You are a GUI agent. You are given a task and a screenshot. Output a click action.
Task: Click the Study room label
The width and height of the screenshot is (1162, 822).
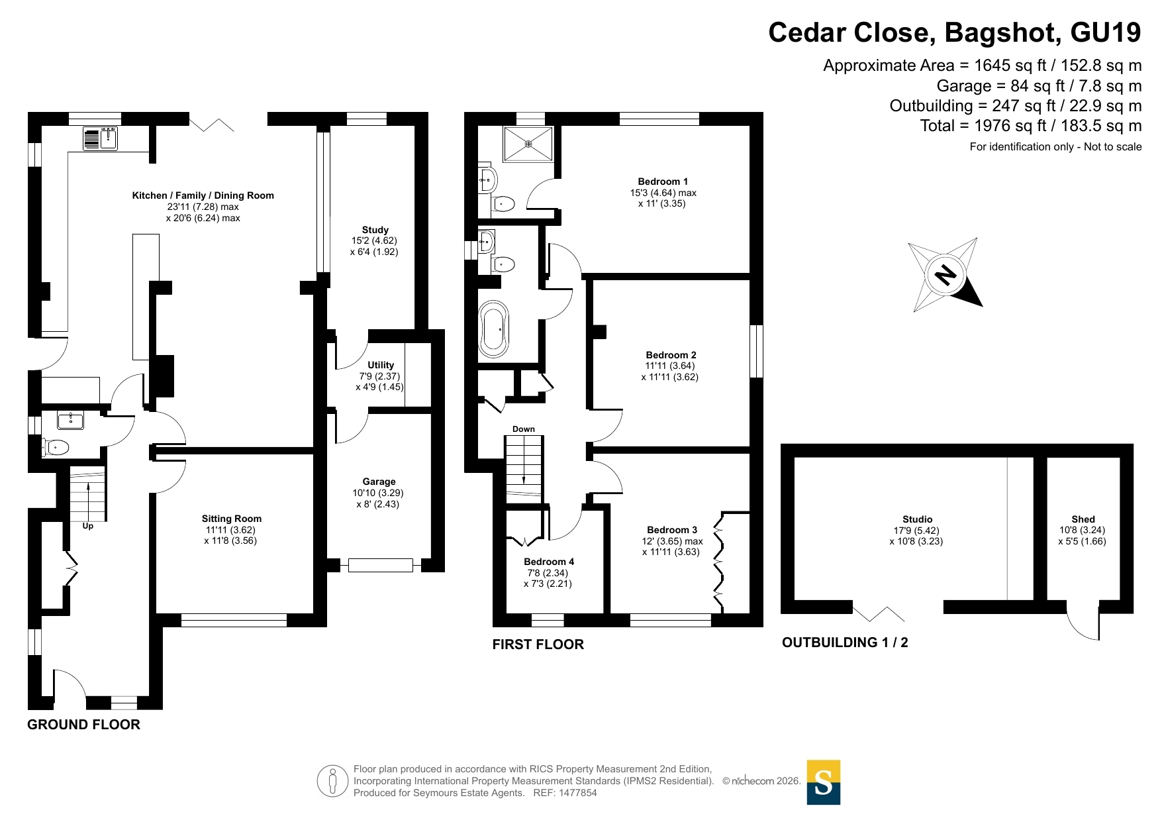click(x=375, y=230)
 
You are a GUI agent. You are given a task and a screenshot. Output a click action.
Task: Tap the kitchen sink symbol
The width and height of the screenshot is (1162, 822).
click(x=101, y=138)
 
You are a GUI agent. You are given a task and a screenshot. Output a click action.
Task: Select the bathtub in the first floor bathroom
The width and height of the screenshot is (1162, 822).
click(x=495, y=329)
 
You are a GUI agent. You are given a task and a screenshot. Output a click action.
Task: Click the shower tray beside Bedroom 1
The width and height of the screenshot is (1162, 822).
click(x=528, y=144)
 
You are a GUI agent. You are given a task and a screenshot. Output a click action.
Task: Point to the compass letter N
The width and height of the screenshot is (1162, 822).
click(x=946, y=274)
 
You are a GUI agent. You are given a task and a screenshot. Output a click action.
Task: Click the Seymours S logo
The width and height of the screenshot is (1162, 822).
click(x=824, y=782)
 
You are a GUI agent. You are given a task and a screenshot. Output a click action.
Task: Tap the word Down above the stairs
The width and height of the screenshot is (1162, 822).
click(x=524, y=429)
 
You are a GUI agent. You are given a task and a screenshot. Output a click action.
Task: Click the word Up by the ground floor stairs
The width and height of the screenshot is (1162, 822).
click(x=88, y=526)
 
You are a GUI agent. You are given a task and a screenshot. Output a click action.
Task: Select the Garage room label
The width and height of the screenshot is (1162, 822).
click(x=379, y=482)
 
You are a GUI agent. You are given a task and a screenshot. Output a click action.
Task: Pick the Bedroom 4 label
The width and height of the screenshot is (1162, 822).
click(x=549, y=562)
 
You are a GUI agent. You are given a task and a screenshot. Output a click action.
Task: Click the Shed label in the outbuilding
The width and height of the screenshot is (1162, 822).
click(x=1083, y=519)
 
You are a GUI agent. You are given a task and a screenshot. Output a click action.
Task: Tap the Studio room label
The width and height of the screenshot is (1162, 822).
click(x=917, y=519)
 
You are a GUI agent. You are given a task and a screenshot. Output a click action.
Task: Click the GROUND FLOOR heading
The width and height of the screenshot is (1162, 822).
click(x=84, y=725)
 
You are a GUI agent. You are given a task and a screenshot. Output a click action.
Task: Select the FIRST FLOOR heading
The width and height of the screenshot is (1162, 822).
click(x=538, y=644)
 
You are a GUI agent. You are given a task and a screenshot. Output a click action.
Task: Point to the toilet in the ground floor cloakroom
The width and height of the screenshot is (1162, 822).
click(x=56, y=448)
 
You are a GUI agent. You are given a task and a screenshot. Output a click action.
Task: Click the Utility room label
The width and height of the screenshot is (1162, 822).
click(x=381, y=365)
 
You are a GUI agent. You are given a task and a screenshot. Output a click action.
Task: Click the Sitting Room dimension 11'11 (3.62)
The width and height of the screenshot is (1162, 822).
click(x=230, y=530)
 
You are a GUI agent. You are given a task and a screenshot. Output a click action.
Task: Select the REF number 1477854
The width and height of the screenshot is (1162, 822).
click(x=578, y=793)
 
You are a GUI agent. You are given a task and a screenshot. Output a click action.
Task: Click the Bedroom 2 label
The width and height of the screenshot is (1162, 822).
click(x=671, y=355)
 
